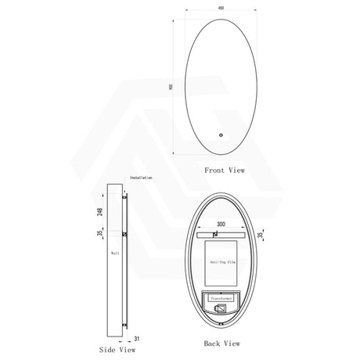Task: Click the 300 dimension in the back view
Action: pos(223,224)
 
